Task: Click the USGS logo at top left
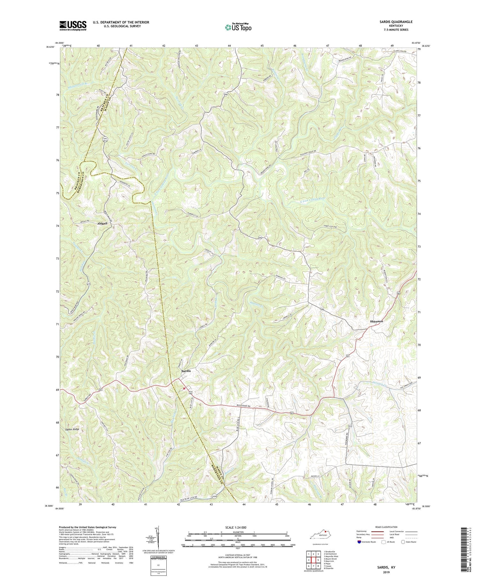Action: click(x=73, y=26)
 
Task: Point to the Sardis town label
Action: click(x=186, y=371)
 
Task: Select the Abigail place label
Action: click(x=104, y=224)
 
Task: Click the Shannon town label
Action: click(x=376, y=321)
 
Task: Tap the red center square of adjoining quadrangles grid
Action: click(x=313, y=560)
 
